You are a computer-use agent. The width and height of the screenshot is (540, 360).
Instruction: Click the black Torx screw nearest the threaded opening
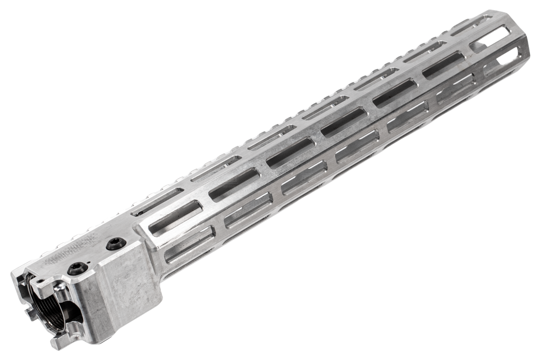click(x=78, y=268)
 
